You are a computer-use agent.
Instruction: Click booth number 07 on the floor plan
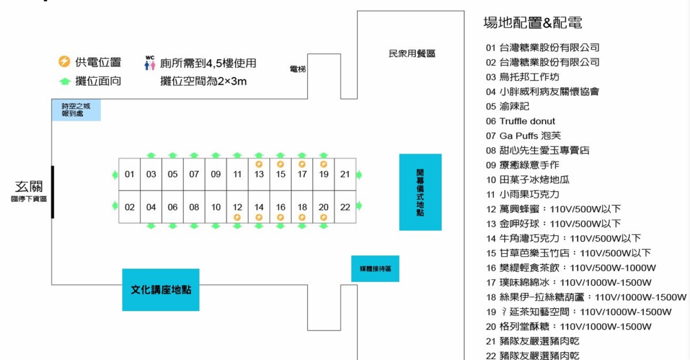(x=194, y=174)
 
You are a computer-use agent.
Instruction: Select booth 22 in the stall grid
(x=345, y=207)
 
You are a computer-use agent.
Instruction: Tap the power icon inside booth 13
(x=259, y=164)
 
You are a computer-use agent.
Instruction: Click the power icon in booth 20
(x=323, y=217)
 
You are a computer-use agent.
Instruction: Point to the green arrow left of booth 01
(x=115, y=175)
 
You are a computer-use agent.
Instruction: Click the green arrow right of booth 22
(x=359, y=206)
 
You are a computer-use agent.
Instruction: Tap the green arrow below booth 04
(x=151, y=227)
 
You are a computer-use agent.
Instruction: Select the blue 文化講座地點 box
(x=161, y=290)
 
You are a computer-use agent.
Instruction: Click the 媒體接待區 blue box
(x=375, y=269)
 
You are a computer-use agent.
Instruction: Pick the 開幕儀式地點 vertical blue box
(x=420, y=192)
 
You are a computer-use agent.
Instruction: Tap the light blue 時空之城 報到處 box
(x=76, y=110)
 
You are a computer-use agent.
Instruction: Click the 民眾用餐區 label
(x=412, y=53)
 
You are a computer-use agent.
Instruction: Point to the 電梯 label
(x=298, y=69)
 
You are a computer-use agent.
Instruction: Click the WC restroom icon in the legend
(x=150, y=63)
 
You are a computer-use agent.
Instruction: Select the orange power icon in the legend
(x=64, y=62)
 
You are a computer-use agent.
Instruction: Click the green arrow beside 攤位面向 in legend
(x=65, y=81)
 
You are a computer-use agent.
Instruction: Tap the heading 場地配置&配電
(x=532, y=23)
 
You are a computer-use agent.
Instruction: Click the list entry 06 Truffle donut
(x=520, y=121)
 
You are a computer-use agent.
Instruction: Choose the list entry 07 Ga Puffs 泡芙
(x=523, y=136)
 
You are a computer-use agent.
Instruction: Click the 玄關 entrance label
(x=29, y=187)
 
